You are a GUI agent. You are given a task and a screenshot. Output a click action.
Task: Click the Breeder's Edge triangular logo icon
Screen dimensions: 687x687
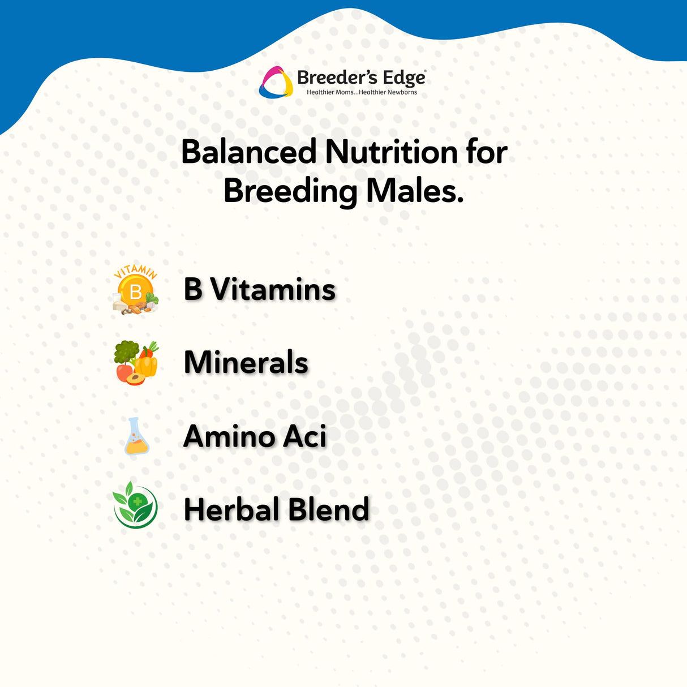276,83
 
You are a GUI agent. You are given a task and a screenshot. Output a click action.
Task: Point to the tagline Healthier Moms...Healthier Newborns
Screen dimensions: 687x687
362,92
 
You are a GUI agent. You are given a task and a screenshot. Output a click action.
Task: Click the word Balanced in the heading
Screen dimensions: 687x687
249,152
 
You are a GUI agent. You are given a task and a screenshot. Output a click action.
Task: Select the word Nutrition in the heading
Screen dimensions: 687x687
391,152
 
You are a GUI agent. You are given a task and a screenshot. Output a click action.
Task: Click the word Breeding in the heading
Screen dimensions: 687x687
290,192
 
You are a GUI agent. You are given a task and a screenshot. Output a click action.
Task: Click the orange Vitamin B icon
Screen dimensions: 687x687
135,290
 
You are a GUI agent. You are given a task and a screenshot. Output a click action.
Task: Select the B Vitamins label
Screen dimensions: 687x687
260,289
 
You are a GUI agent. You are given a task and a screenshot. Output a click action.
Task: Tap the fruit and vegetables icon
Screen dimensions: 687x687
136,363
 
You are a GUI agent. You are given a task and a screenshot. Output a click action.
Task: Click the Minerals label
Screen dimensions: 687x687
246,362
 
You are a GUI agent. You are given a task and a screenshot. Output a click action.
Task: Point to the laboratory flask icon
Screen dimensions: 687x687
136,436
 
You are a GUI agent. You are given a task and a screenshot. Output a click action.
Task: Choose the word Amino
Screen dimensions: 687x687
228,436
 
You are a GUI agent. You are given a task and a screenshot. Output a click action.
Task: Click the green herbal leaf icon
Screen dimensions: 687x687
135,505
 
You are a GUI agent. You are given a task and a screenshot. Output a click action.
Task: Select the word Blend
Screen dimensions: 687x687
329,509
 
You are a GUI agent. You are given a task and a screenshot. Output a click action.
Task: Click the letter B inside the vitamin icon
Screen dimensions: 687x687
135,292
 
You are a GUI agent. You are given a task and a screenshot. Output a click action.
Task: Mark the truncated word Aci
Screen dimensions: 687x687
304,436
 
